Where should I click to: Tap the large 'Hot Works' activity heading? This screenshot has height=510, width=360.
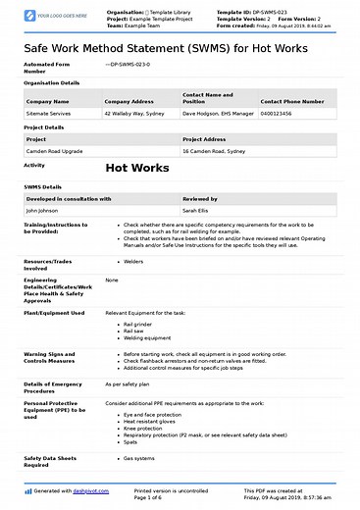pyautogui.click(x=138, y=169)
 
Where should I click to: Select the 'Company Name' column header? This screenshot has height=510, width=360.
pyautogui.click(x=47, y=100)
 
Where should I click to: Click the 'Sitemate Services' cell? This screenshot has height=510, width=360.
pyautogui.click(x=49, y=114)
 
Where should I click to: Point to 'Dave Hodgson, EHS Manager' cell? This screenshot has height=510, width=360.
pyautogui.click(x=218, y=114)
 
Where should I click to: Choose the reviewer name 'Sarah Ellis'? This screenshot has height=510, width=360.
pyautogui.click(x=196, y=210)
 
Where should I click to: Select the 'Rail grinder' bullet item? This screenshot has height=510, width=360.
pyautogui.click(x=138, y=323)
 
